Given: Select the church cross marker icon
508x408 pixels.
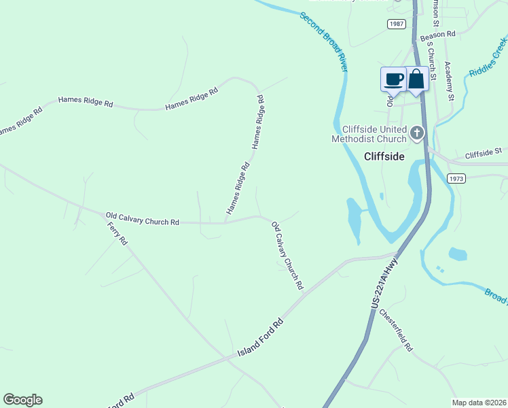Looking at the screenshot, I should (x=417, y=133).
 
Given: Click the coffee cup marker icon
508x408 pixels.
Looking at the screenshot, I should (x=393, y=79).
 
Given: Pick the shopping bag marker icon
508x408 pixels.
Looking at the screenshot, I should (x=416, y=79).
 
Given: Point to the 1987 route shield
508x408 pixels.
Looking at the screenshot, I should (x=397, y=24).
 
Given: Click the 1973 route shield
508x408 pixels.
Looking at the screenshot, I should (x=456, y=178).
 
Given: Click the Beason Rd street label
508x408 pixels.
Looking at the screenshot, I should (x=437, y=34).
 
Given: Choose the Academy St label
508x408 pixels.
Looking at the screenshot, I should (x=449, y=81).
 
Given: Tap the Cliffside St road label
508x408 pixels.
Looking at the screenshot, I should (x=483, y=154).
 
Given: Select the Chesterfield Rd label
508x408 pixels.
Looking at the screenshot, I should (x=396, y=330).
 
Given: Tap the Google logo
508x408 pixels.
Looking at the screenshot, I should (x=22, y=400).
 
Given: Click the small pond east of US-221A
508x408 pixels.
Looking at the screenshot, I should (x=458, y=254).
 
